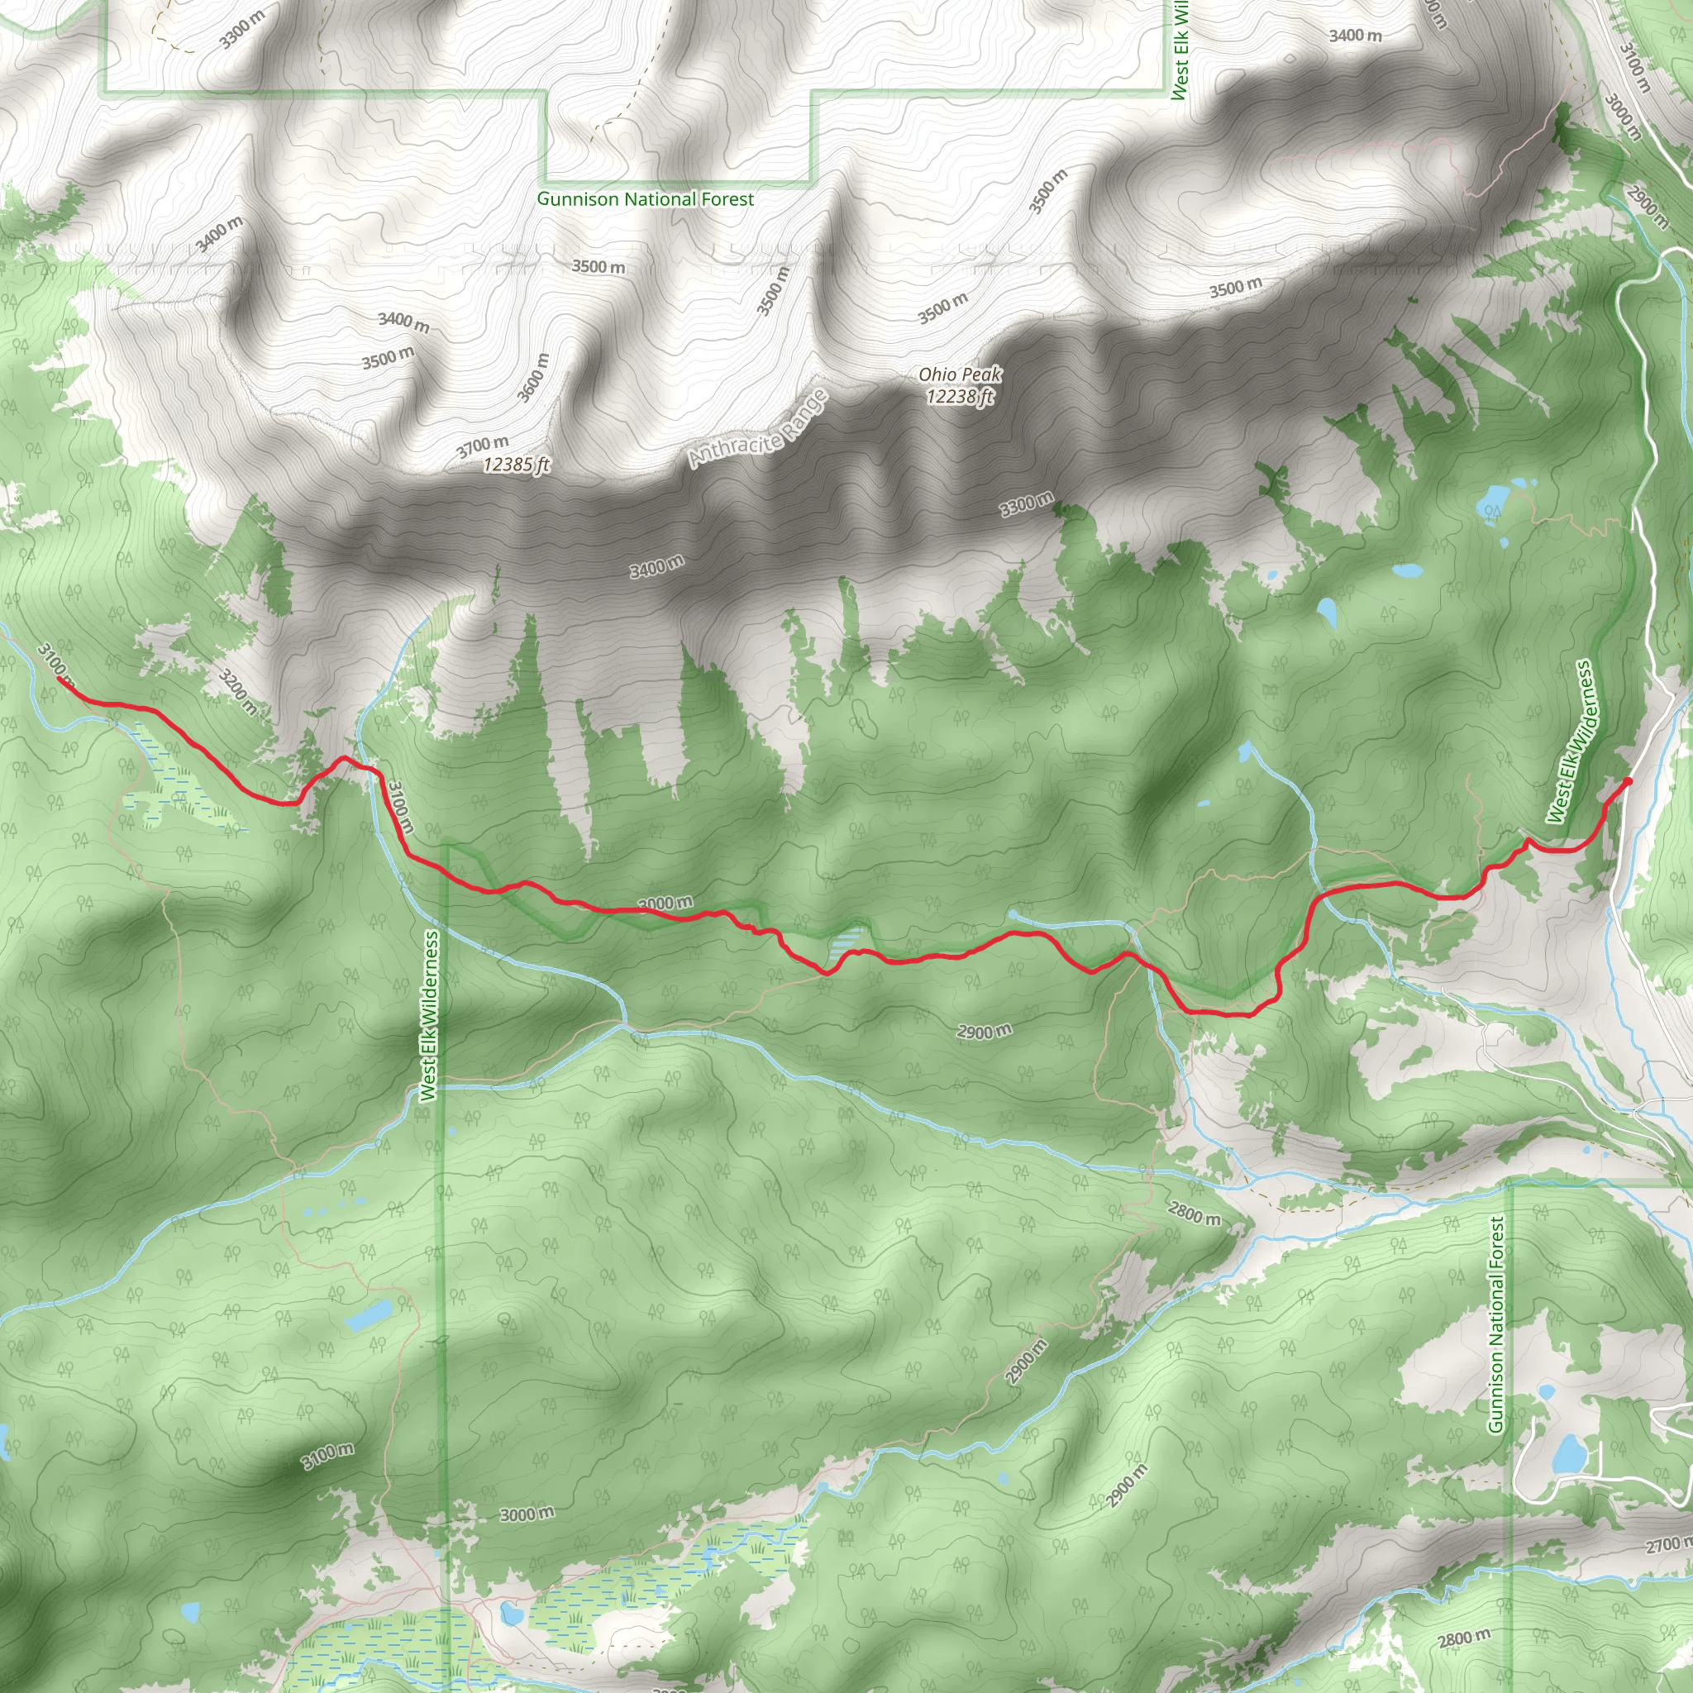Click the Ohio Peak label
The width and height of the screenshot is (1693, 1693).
pyautogui.click(x=960, y=374)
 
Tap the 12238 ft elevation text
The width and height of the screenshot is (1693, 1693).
pyautogui.click(x=960, y=397)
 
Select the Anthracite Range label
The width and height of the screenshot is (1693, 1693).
pyautogui.click(x=758, y=428)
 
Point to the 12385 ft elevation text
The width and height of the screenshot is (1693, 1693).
pyautogui.click(x=516, y=465)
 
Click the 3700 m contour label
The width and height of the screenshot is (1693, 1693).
pyautogui.click(x=482, y=447)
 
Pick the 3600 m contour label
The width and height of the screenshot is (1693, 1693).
pyautogui.click(x=534, y=378)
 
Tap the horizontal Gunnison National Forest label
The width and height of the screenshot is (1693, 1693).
pyautogui.click(x=645, y=199)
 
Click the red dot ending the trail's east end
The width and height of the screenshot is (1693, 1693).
pyautogui.click(x=1627, y=780)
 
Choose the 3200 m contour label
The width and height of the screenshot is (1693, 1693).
pyautogui.click(x=236, y=691)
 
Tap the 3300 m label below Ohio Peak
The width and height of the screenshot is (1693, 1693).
pyautogui.click(x=1026, y=504)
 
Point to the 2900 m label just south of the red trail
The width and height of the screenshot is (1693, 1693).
pyautogui.click(x=984, y=1032)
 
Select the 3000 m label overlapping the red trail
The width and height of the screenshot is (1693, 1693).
pyautogui.click(x=666, y=903)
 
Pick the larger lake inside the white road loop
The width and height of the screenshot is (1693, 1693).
pyautogui.click(x=1568, y=1453)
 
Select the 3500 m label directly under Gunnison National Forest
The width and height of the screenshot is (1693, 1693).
pyautogui.click(x=599, y=265)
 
